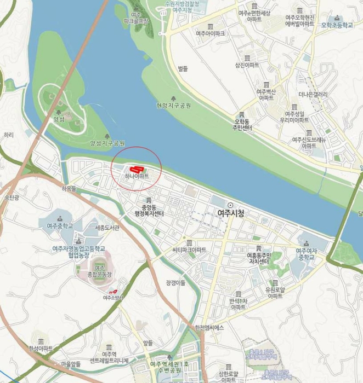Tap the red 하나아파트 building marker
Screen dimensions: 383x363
coord(135,169)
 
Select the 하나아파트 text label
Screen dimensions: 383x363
coord(137,176)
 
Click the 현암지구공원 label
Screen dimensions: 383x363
coord(173,105)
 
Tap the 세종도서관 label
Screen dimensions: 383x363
coord(107,227)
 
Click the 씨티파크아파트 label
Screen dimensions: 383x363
coord(189,249)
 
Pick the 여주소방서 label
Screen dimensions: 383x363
coord(114,298)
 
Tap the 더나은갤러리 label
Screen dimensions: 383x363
coord(313,94)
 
